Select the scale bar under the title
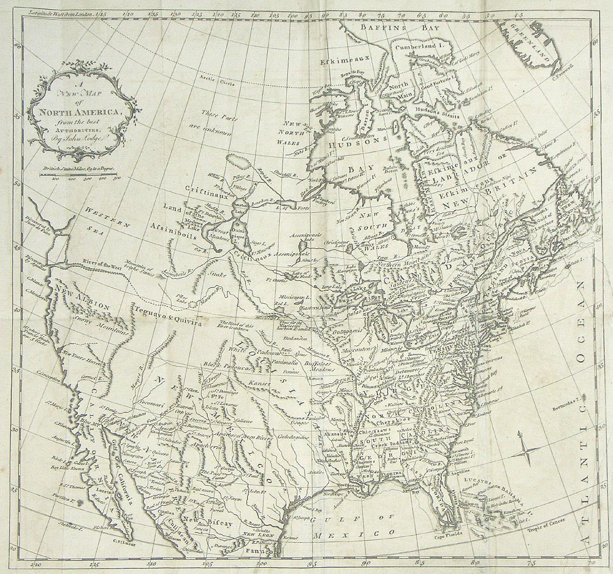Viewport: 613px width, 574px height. click(x=78, y=175)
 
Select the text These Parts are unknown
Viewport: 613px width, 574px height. click(x=219, y=121)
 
